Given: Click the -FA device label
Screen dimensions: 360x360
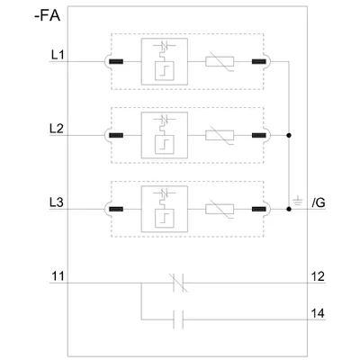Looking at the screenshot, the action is [x=48, y=16].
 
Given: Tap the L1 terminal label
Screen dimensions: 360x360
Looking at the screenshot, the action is [x=58, y=55].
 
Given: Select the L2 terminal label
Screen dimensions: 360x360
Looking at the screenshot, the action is [x=57, y=129].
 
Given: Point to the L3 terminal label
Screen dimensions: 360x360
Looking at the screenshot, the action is [x=57, y=202].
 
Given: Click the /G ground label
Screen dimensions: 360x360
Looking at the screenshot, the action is [x=319, y=203].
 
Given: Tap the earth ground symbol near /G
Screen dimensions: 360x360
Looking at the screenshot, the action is [x=298, y=201].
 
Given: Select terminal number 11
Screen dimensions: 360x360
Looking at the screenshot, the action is [x=58, y=276].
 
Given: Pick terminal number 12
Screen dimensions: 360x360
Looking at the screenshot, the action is [x=318, y=276].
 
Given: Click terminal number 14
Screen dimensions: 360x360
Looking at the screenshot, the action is [x=318, y=313].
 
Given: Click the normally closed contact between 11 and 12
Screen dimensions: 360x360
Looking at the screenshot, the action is [x=179, y=283].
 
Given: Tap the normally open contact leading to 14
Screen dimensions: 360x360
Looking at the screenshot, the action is [x=178, y=319].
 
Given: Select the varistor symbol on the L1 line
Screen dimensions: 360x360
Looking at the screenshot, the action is [x=220, y=62].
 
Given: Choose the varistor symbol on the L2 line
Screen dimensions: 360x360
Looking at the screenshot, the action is [x=220, y=136].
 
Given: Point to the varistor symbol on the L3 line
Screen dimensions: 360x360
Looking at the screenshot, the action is [x=220, y=210].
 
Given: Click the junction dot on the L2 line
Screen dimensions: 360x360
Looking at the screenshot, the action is [x=289, y=135].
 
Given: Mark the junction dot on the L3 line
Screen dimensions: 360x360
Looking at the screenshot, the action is [x=289, y=209].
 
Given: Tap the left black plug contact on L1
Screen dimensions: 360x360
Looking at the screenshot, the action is [x=116, y=62].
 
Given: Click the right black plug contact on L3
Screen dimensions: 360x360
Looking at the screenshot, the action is [x=259, y=210].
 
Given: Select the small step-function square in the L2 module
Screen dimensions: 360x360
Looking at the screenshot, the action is [x=164, y=145].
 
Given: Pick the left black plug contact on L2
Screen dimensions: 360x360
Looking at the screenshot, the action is [x=116, y=136].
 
